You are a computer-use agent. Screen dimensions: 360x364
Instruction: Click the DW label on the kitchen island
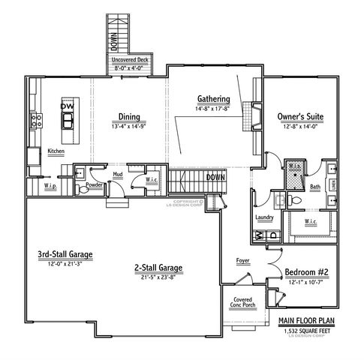66,106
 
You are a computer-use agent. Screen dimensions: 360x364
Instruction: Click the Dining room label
129,116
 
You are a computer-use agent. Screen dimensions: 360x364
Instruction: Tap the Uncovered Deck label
131,59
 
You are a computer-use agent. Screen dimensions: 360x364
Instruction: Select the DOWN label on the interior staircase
215,177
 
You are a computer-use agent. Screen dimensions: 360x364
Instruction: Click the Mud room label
118,174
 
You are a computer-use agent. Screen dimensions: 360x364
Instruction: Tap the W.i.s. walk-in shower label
295,166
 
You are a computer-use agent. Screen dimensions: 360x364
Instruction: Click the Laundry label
263,217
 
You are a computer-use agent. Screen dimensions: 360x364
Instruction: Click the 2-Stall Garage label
158,267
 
